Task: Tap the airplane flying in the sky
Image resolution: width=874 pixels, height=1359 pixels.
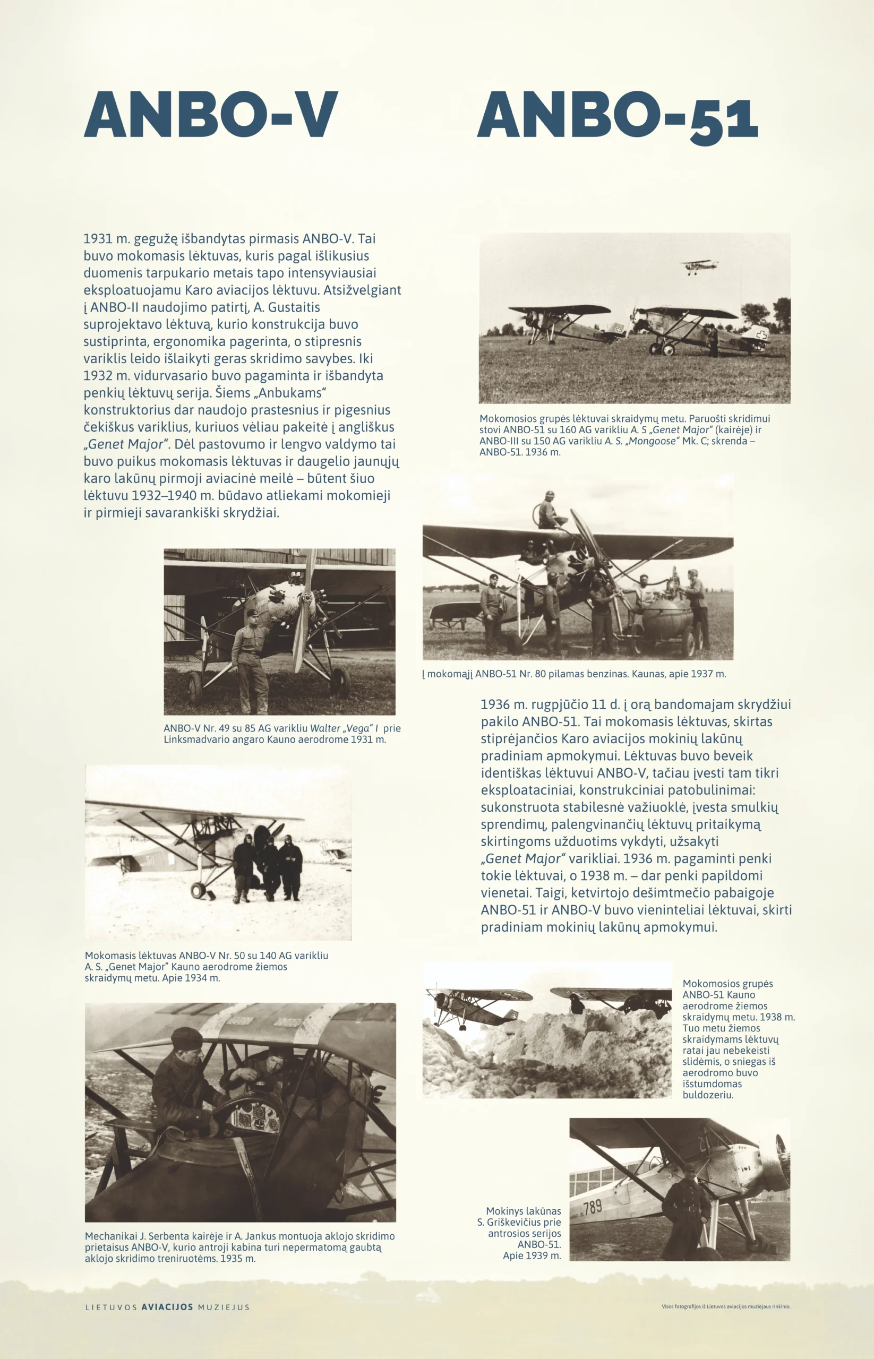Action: [x=699, y=265]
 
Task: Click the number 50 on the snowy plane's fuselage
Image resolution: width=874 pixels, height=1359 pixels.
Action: [x=149, y=860]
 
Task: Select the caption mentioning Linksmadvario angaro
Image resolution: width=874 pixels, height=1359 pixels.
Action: [x=282, y=734]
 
